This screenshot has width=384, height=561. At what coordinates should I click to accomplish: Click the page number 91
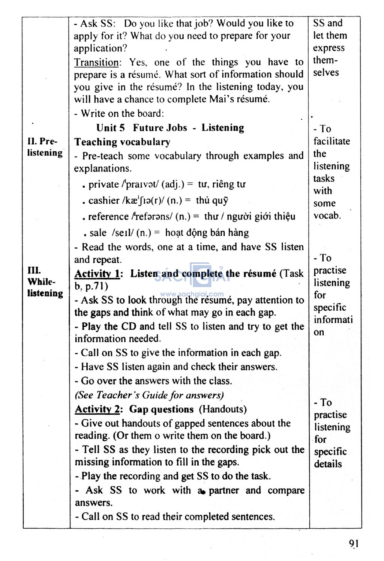click(353, 543)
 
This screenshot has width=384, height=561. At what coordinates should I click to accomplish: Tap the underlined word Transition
click(96, 62)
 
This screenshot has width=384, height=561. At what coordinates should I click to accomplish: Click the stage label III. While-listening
click(45, 282)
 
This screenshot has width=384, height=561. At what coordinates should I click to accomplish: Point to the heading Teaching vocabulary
click(122, 142)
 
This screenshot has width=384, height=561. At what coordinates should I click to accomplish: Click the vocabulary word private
click(103, 185)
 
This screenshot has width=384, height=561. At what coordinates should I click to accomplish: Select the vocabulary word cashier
click(104, 200)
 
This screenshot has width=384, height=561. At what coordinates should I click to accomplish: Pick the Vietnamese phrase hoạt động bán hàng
click(207, 233)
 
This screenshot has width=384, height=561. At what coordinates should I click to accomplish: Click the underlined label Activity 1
click(97, 274)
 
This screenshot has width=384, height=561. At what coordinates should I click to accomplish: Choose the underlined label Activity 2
click(97, 409)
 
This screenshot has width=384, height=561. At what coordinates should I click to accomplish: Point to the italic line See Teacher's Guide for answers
click(149, 395)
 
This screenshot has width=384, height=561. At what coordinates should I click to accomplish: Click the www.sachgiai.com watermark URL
click(192, 295)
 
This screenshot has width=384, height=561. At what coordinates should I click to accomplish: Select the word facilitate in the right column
click(331, 141)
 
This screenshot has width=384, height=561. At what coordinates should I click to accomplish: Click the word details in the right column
click(328, 464)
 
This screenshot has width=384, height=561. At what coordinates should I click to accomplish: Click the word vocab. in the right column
click(327, 216)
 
